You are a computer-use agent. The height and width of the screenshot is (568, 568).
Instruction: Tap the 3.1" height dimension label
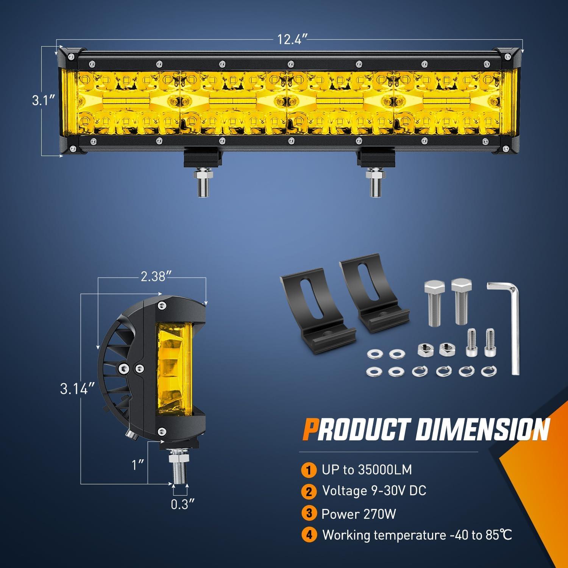click(x=44, y=101)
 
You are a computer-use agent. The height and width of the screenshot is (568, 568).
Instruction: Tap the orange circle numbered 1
click(x=309, y=470)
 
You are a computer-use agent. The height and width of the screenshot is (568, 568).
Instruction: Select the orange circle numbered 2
click(x=309, y=492)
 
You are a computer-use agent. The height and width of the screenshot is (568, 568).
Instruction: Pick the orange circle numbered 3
click(x=309, y=513)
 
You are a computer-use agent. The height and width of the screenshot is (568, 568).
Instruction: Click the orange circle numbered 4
click(x=309, y=535)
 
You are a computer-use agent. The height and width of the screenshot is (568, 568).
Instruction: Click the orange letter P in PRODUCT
click(x=310, y=429)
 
